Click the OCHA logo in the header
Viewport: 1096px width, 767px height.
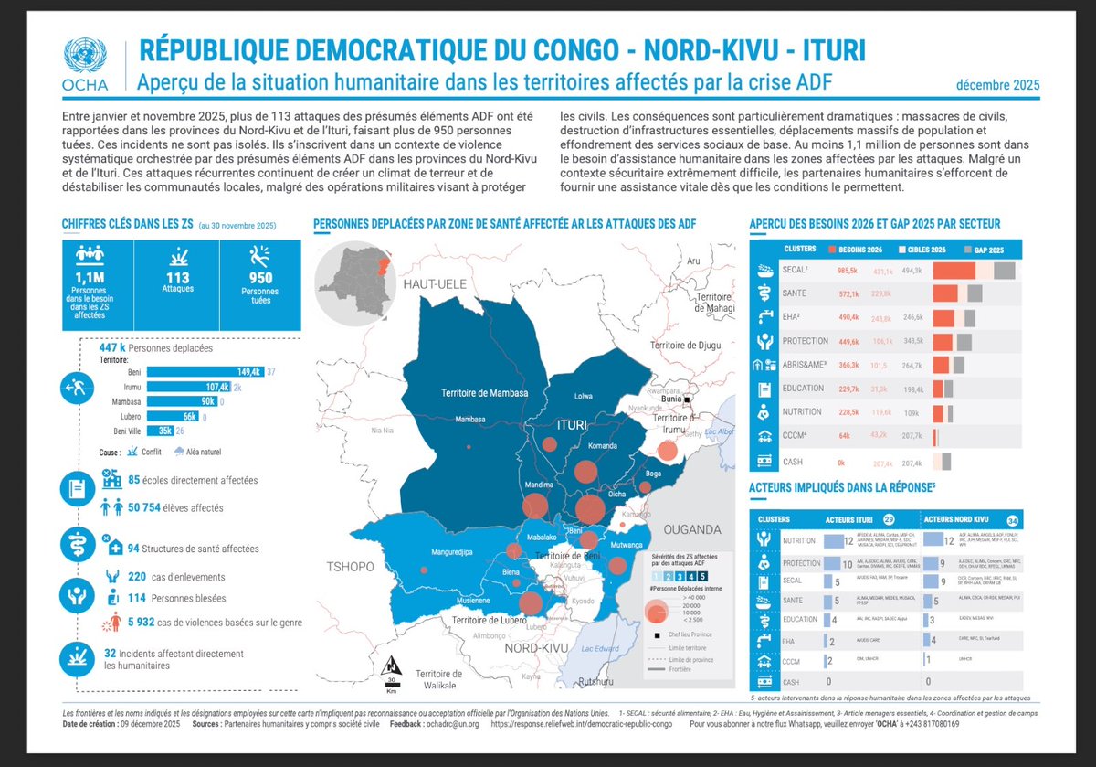[85, 64]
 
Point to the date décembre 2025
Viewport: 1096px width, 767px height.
[997, 85]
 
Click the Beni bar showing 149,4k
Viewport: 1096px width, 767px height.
[205, 372]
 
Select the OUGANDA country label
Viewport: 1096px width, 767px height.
[692, 529]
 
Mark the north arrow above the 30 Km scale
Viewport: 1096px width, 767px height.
[391, 666]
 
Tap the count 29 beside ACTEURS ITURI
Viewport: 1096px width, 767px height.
[889, 518]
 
